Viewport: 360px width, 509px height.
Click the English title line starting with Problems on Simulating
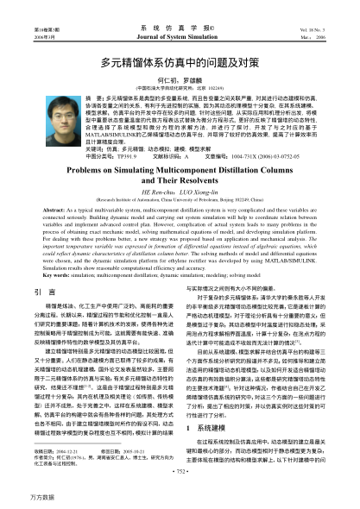[180, 172]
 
